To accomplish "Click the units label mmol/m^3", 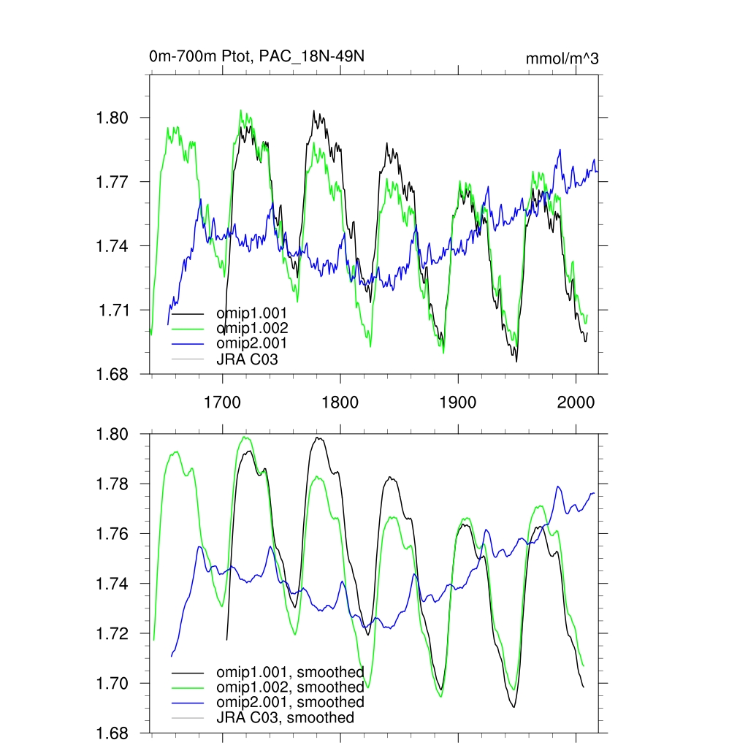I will (562, 59).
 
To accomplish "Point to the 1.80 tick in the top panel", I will (112, 118).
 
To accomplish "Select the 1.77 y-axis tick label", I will (112, 182).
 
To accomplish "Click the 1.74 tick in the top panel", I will (112, 246).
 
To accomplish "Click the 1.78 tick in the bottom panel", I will (112, 484).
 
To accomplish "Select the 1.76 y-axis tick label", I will (112, 534).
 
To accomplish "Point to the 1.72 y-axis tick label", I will (112, 634).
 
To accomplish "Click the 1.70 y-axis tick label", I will (112, 684).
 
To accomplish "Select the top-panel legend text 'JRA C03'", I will (247, 359).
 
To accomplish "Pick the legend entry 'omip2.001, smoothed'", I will (290, 702).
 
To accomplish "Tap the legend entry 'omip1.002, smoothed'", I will (290, 687).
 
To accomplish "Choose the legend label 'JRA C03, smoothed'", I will (285, 717).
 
